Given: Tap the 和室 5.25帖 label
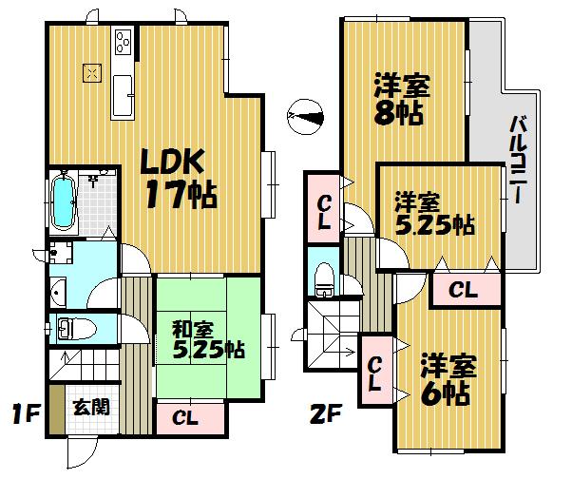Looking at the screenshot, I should pos(207,339).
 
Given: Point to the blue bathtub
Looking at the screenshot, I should pos(64,201).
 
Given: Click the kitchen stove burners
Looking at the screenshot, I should pos(124,42).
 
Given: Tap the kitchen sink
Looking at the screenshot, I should pos(124,95).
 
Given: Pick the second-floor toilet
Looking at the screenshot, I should pos(323,277).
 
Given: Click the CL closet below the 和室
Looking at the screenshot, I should pos(186,415).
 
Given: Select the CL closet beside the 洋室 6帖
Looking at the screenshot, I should pos(374,372).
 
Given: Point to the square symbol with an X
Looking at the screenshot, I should pos(92,71).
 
